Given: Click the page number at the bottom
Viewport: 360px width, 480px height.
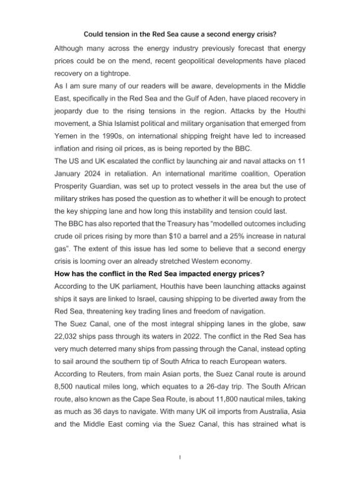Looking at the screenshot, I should coord(181,457).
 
